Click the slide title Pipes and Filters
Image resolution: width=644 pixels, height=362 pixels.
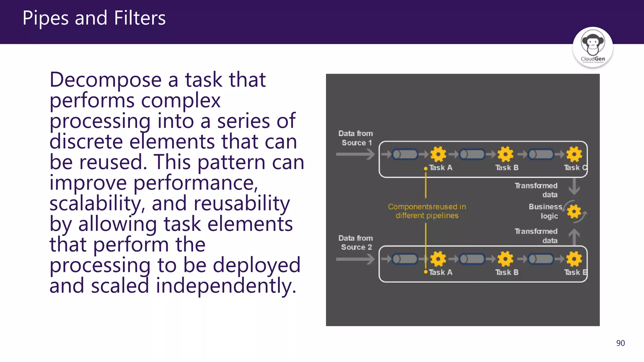pos(94,18)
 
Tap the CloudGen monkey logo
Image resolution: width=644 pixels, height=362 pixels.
pos(592,47)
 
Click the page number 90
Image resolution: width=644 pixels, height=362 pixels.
pos(620,343)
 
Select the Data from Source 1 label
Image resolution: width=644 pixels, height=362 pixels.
pos(356,138)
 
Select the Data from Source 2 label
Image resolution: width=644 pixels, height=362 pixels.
pos(356,243)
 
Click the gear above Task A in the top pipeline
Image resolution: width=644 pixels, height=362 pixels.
pos(438,154)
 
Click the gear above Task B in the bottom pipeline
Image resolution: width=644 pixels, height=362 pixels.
pos(505,259)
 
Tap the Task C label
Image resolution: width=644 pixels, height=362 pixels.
pos(575,167)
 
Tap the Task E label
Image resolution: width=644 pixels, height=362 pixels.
pos(575,272)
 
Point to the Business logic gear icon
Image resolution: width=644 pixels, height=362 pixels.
pos(574,211)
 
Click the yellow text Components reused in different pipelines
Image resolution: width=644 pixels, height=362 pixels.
pos(427,211)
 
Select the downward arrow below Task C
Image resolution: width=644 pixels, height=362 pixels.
pos(574,187)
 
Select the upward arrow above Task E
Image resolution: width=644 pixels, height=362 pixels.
pos(574,237)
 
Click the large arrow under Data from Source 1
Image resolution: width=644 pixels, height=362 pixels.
pos(355,154)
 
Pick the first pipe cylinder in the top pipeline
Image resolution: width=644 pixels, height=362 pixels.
pos(405,154)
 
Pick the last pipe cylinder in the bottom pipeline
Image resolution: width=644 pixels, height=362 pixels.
pos(541,259)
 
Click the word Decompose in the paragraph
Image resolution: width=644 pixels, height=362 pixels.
pos(105,80)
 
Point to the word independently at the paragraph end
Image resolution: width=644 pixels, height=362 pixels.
pos(225,286)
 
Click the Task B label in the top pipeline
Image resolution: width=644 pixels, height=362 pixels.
pos(507,167)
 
